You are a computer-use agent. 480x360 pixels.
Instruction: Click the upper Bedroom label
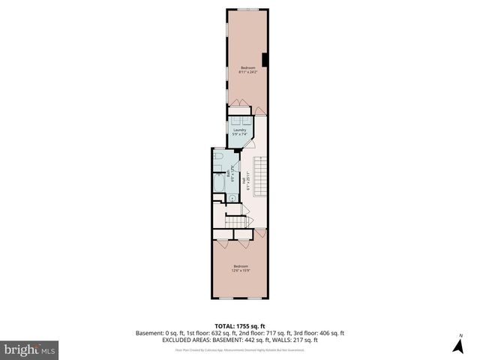coord(247,67)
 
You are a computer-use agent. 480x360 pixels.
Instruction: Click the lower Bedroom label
coord(241,266)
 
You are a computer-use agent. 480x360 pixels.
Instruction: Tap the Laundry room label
coord(240,130)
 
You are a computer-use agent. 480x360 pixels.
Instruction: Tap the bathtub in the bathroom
coord(217,183)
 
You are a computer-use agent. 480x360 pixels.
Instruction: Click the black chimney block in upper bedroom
coord(264,60)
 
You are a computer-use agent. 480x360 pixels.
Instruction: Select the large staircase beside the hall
coord(259,174)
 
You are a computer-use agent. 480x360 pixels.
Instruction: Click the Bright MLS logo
coord(30,349)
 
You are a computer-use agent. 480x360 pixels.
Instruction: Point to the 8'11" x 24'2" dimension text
coord(247,72)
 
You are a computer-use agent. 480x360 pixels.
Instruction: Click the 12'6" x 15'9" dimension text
coord(241,271)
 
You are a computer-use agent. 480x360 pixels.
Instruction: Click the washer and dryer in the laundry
coord(240,119)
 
